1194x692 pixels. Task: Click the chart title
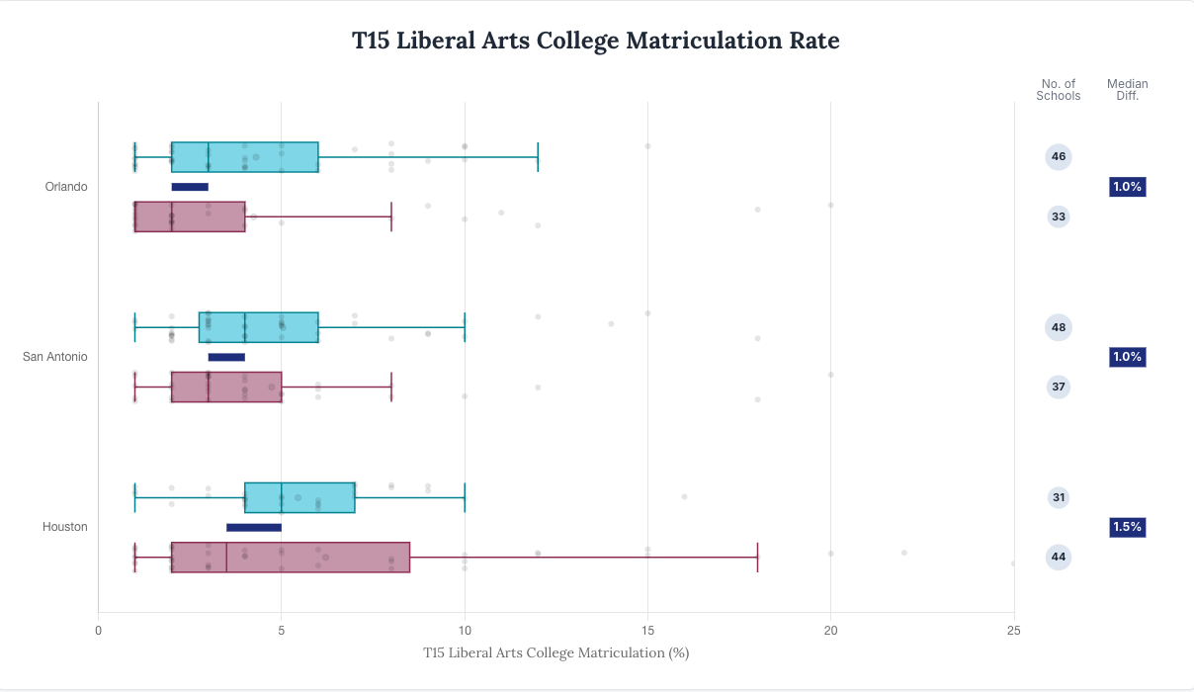click(x=596, y=41)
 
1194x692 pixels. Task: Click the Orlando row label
click(x=66, y=187)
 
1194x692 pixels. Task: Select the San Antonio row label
click(x=55, y=357)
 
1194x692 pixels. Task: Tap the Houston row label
click(x=65, y=527)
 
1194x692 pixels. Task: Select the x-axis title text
click(x=555, y=652)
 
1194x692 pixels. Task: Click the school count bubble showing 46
click(x=1059, y=156)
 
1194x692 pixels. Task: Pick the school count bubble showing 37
click(x=1059, y=387)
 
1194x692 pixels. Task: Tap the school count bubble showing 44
click(x=1059, y=557)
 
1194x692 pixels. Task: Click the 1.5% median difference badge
click(x=1127, y=527)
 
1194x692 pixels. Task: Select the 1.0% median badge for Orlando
click(x=1127, y=187)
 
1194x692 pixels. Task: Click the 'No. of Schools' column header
click(x=1059, y=90)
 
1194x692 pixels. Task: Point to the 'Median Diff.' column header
click(x=1128, y=90)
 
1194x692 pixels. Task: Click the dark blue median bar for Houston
click(x=254, y=527)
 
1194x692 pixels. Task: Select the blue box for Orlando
click(x=244, y=157)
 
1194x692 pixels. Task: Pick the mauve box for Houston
click(x=290, y=557)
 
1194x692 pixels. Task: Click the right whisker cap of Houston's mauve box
click(x=757, y=557)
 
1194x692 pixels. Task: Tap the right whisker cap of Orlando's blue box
click(x=538, y=157)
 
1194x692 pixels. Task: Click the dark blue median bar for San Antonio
click(x=226, y=357)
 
